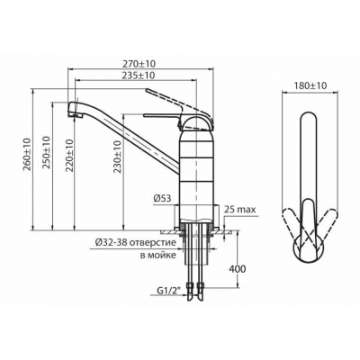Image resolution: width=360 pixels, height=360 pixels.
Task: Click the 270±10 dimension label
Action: (x=139, y=64)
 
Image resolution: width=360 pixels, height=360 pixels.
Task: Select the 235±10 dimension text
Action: (x=139, y=76)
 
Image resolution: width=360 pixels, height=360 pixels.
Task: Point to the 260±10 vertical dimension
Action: (x=27, y=155)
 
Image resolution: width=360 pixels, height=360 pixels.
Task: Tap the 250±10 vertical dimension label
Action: (x=47, y=153)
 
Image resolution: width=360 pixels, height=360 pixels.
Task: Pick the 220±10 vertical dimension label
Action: (x=69, y=155)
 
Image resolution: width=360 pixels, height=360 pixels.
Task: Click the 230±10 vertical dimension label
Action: (x=117, y=157)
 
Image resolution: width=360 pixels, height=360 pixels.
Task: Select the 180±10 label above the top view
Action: (x=310, y=85)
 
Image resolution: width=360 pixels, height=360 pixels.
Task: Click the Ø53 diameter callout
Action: (x=162, y=198)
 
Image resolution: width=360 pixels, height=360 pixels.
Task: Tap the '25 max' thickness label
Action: (x=241, y=210)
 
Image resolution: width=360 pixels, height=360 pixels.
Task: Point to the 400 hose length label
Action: (x=238, y=269)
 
